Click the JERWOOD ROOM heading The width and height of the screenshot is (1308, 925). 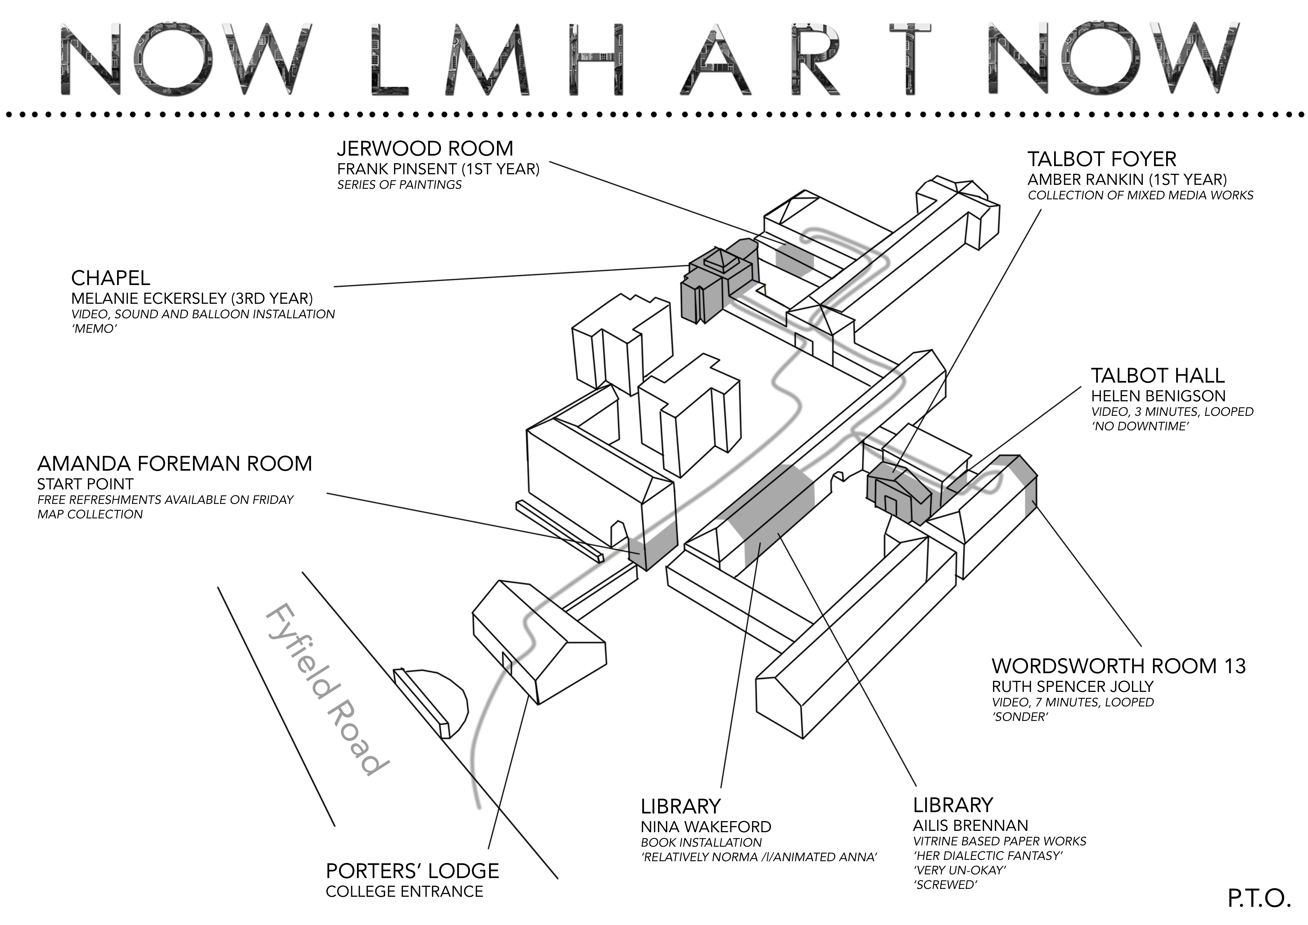coord(425,149)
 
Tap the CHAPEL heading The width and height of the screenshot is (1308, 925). coord(110,278)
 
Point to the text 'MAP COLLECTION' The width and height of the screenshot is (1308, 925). coord(90,514)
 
